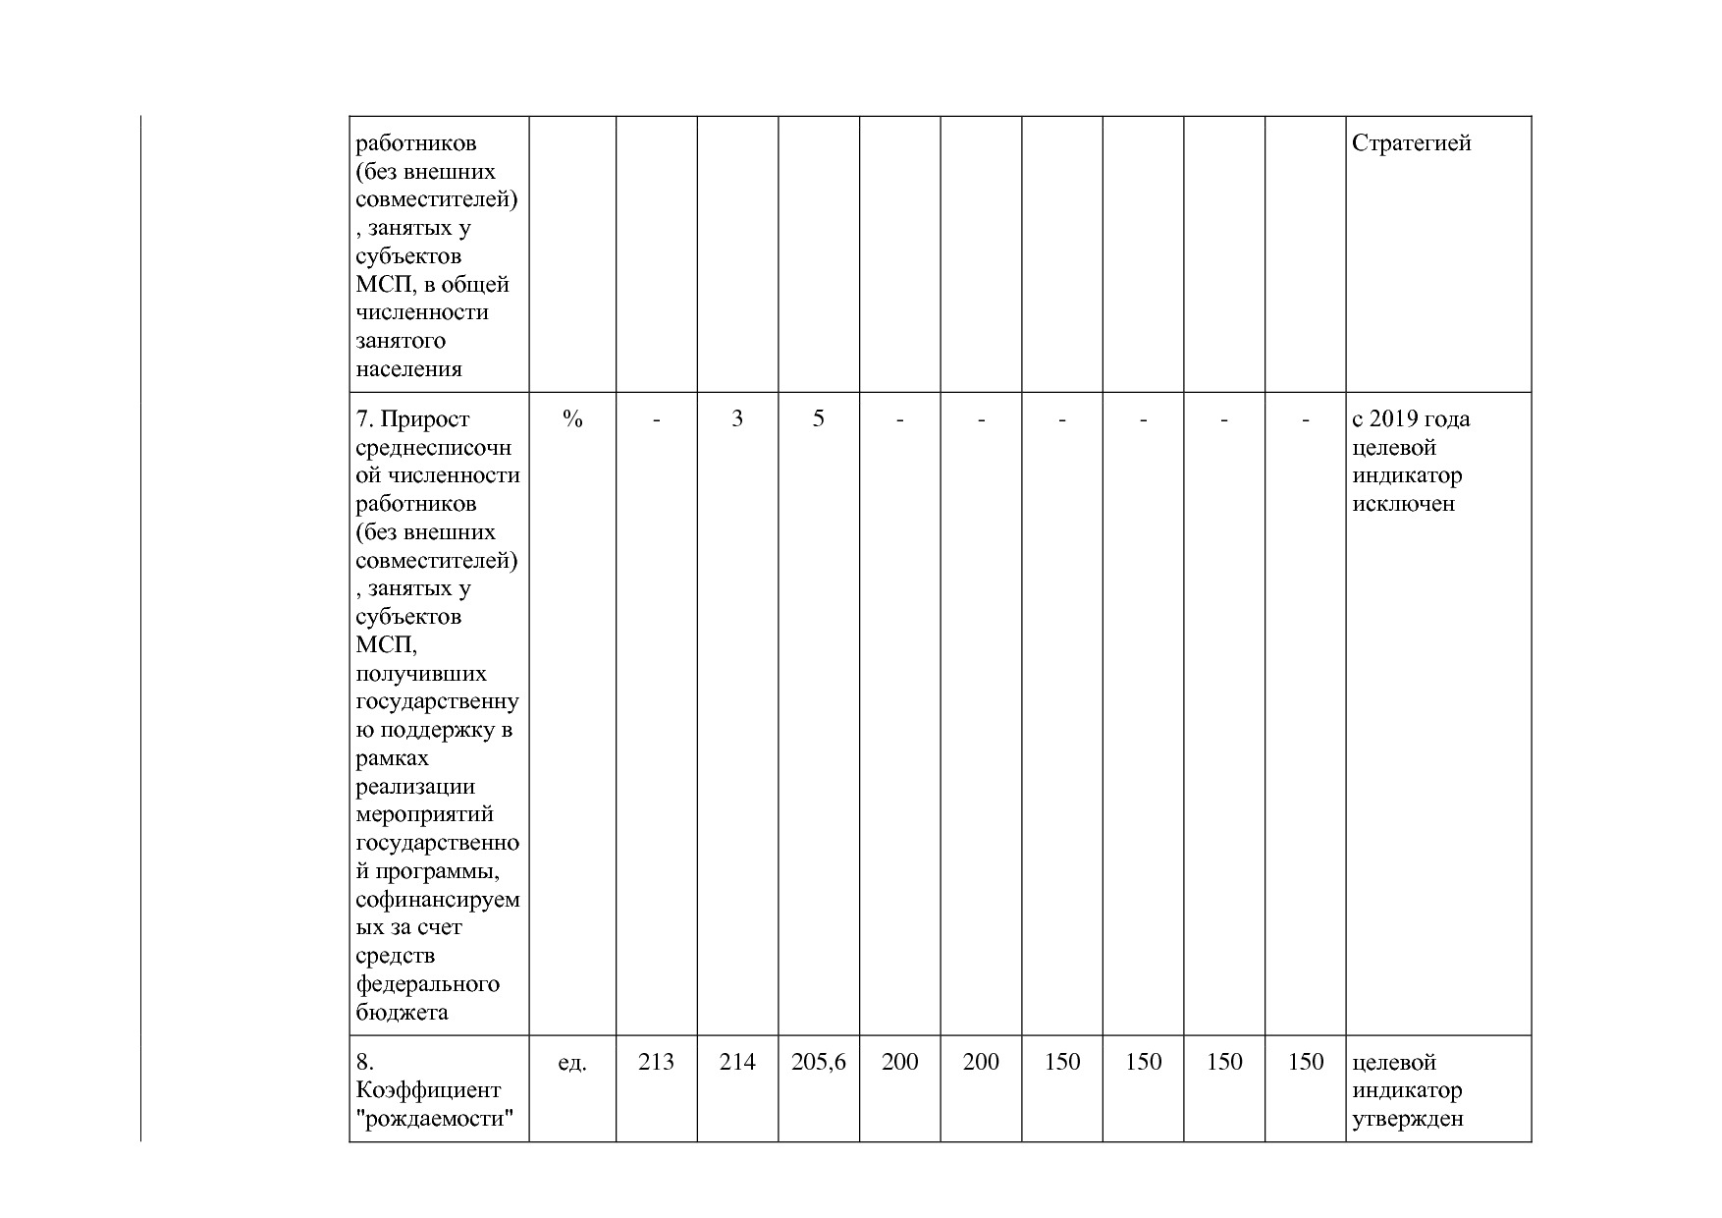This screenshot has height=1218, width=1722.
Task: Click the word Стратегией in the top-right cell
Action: click(x=1411, y=143)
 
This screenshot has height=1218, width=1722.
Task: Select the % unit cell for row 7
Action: click(x=572, y=419)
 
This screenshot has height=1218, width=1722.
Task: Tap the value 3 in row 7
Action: click(x=737, y=419)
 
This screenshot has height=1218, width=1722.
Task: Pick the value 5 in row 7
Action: click(x=818, y=419)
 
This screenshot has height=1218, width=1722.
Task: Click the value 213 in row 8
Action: click(x=656, y=1062)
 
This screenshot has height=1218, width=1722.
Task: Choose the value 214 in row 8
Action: click(x=737, y=1062)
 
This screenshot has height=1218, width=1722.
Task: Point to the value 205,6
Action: click(x=818, y=1062)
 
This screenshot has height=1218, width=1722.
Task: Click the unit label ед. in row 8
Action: click(x=571, y=1062)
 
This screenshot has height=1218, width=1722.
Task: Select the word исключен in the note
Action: click(x=1403, y=505)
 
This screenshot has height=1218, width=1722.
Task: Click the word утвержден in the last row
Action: click(x=1407, y=1119)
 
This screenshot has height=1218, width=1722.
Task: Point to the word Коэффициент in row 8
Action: click(x=428, y=1090)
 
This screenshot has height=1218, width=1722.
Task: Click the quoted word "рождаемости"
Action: click(x=436, y=1119)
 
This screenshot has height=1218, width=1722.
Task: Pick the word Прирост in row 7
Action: click(x=424, y=419)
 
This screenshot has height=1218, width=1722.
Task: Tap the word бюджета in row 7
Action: click(x=402, y=1013)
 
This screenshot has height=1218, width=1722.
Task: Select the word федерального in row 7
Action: click(x=427, y=984)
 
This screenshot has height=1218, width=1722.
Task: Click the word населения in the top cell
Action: click(x=408, y=369)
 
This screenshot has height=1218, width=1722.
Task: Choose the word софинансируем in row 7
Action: click(x=437, y=900)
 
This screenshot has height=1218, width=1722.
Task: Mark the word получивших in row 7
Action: click(x=420, y=674)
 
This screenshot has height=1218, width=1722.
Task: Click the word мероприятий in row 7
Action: click(x=424, y=815)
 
